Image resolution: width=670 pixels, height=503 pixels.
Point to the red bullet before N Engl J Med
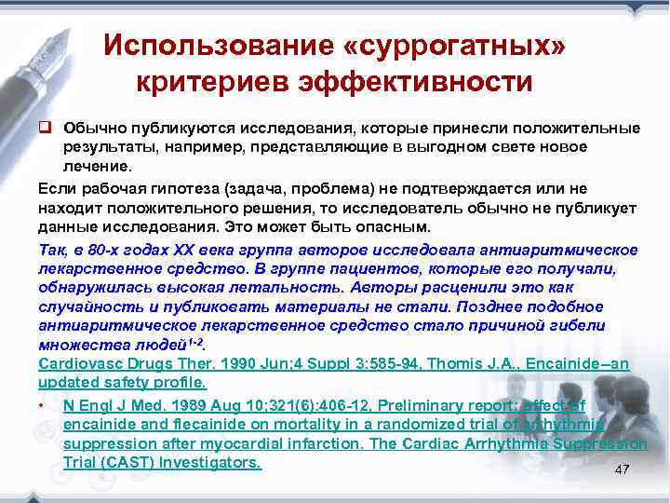43,407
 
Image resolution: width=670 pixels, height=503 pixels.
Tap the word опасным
395,227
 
